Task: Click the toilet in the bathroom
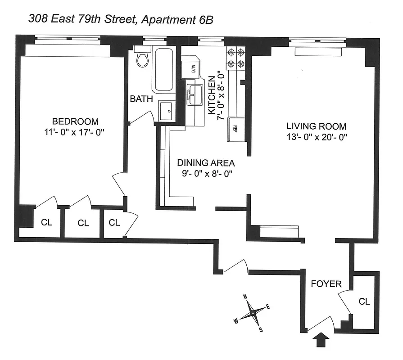(x=143, y=57)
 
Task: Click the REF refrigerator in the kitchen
(x=236, y=130)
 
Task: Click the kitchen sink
(x=195, y=94)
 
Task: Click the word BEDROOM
(x=75, y=121)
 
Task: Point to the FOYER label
(x=326, y=284)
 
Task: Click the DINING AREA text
(x=206, y=163)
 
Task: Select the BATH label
(x=141, y=99)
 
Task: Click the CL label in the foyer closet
(x=364, y=301)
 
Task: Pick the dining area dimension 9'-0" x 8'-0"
(x=207, y=173)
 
